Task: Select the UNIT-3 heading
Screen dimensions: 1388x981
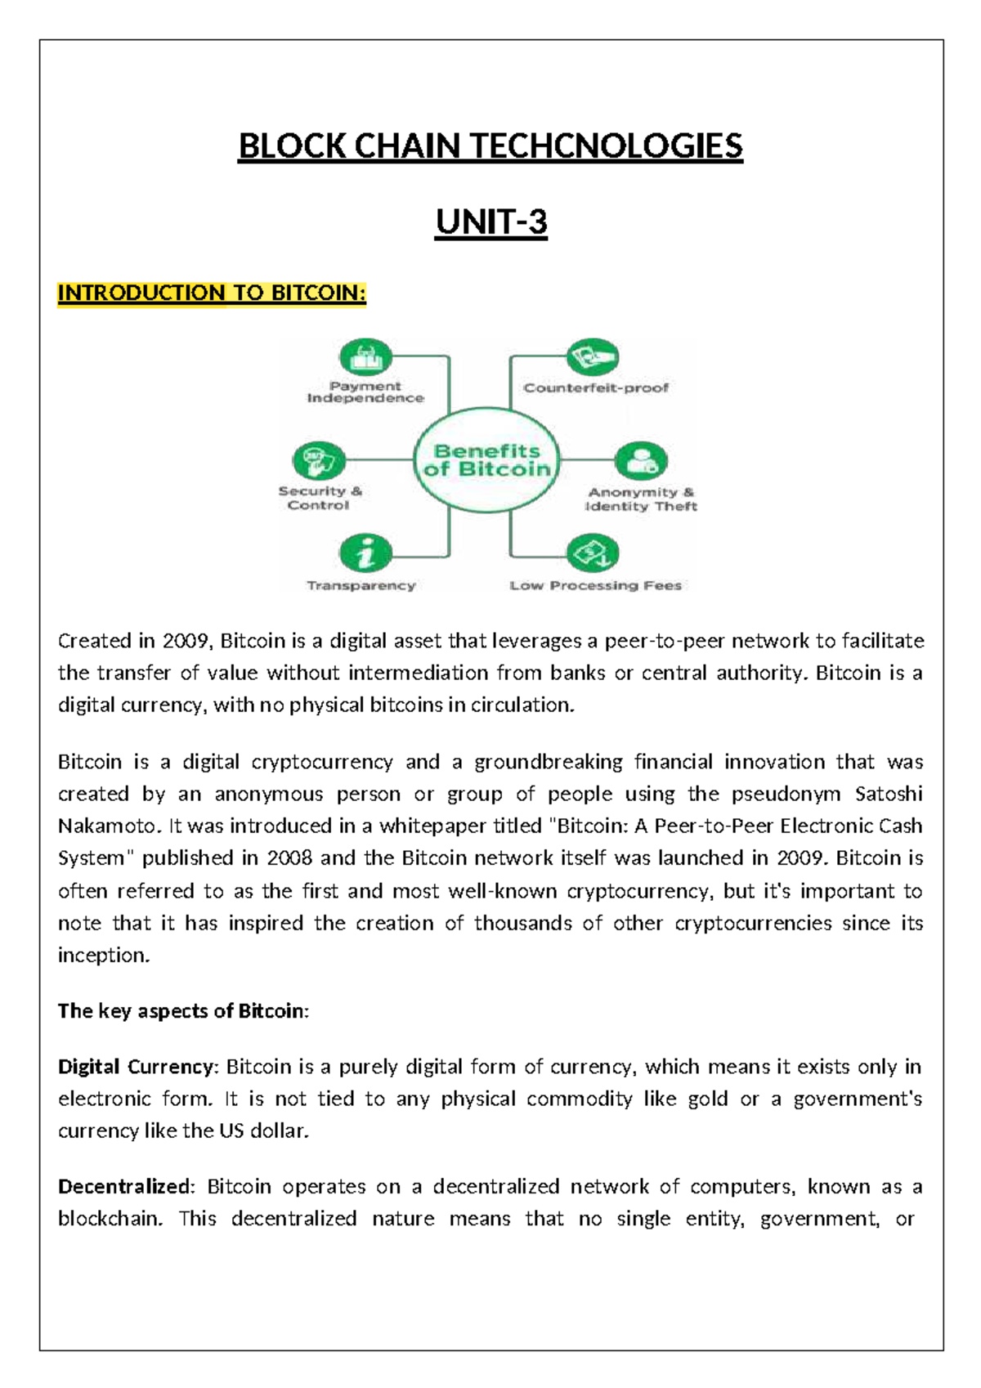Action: tap(490, 222)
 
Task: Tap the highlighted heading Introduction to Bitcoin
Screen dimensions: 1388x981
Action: tap(212, 293)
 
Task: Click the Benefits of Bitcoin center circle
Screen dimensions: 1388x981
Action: tap(487, 460)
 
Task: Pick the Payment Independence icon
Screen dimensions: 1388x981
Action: tap(365, 358)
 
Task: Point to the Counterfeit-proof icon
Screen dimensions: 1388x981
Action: tap(593, 357)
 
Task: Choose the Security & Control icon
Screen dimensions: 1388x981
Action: tap(318, 461)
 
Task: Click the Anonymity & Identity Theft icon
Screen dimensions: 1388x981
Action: tap(641, 461)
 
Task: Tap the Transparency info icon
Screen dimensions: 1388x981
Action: tap(365, 553)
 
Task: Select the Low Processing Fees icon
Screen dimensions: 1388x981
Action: tap(593, 553)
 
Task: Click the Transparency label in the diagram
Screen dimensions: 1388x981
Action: tap(361, 585)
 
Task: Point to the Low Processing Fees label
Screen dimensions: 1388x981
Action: tap(595, 585)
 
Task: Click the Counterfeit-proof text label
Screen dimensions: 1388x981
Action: tap(596, 387)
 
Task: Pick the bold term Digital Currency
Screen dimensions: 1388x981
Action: tap(136, 1067)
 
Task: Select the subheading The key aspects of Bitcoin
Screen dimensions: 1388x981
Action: tap(182, 1011)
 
